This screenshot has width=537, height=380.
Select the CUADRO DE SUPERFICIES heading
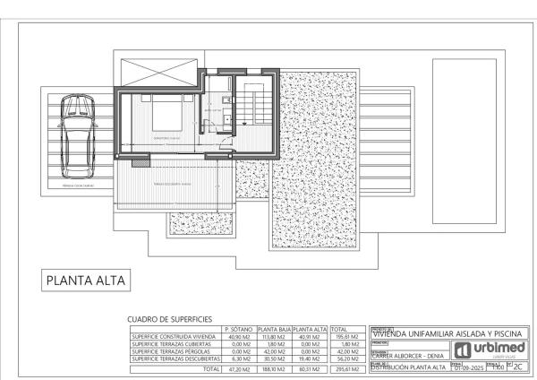[x=170, y=318]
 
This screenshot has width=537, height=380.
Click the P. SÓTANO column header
[x=239, y=329]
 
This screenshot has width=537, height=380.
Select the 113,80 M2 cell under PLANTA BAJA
[x=272, y=337]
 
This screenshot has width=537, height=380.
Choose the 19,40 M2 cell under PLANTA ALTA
[x=310, y=359]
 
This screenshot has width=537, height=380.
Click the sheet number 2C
[x=518, y=367]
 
